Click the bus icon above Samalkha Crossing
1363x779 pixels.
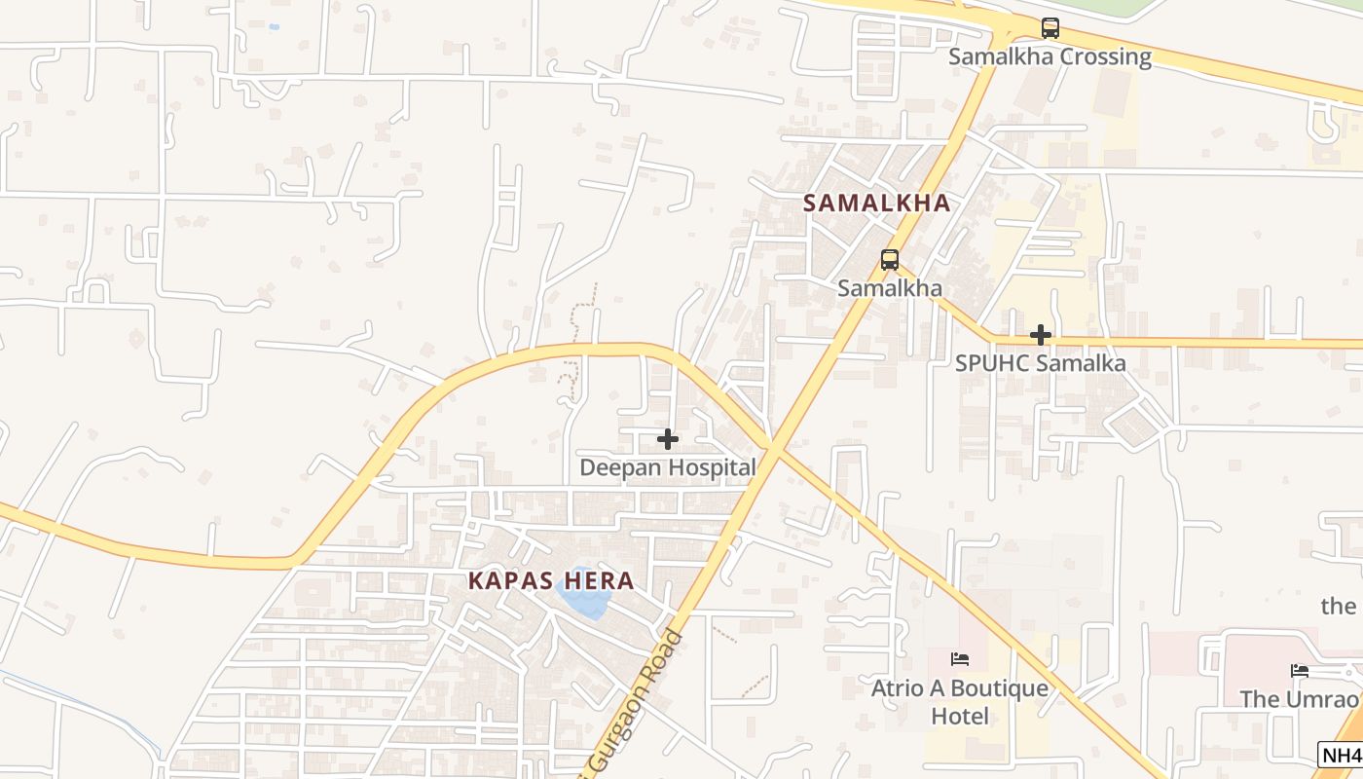click(x=1050, y=28)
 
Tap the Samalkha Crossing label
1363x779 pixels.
click(x=1050, y=56)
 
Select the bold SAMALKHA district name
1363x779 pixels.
click(x=876, y=203)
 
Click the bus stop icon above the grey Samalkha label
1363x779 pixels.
click(x=890, y=260)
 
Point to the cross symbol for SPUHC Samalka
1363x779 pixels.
click(x=1041, y=336)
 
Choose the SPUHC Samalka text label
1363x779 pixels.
click(x=1040, y=363)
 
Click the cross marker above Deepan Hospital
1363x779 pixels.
click(x=668, y=439)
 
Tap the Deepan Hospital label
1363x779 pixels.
click(x=668, y=467)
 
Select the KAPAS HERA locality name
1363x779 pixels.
click(x=551, y=581)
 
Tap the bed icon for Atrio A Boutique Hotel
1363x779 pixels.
click(x=960, y=659)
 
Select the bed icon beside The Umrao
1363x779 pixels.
click(x=1300, y=671)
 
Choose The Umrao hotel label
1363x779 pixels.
click(x=1299, y=699)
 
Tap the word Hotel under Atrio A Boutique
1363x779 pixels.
click(x=960, y=717)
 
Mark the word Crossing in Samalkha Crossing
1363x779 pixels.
click(x=1105, y=56)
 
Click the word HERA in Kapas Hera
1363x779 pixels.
click(x=597, y=581)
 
